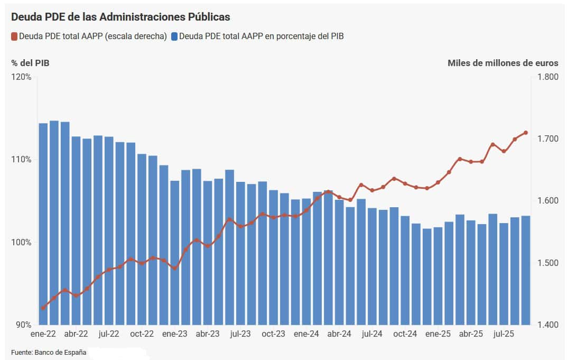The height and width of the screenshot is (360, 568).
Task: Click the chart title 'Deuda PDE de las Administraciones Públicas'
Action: [x=120, y=17]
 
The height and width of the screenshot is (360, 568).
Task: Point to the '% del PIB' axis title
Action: [x=30, y=63]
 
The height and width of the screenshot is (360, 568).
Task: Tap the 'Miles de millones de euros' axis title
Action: [x=502, y=63]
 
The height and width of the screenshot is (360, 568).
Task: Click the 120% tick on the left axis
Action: [x=21, y=77]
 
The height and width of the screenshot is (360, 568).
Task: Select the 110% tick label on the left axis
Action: [x=21, y=160]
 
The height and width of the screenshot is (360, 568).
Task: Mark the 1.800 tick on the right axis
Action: [x=548, y=77]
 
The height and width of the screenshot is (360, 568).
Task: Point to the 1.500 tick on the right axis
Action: [x=548, y=263]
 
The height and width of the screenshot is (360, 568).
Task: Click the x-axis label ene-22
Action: [x=43, y=334]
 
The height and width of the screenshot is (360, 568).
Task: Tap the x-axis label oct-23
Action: [x=273, y=334]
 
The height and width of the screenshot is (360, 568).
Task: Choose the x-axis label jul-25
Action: [x=504, y=334]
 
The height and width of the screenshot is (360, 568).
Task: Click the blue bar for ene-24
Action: [x=306, y=261]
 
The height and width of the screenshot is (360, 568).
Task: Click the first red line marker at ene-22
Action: [x=43, y=308]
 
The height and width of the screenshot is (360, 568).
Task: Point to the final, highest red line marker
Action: [x=526, y=133]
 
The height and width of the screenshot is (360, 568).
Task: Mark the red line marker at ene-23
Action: [x=175, y=269]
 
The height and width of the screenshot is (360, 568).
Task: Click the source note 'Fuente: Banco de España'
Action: [x=49, y=352]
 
